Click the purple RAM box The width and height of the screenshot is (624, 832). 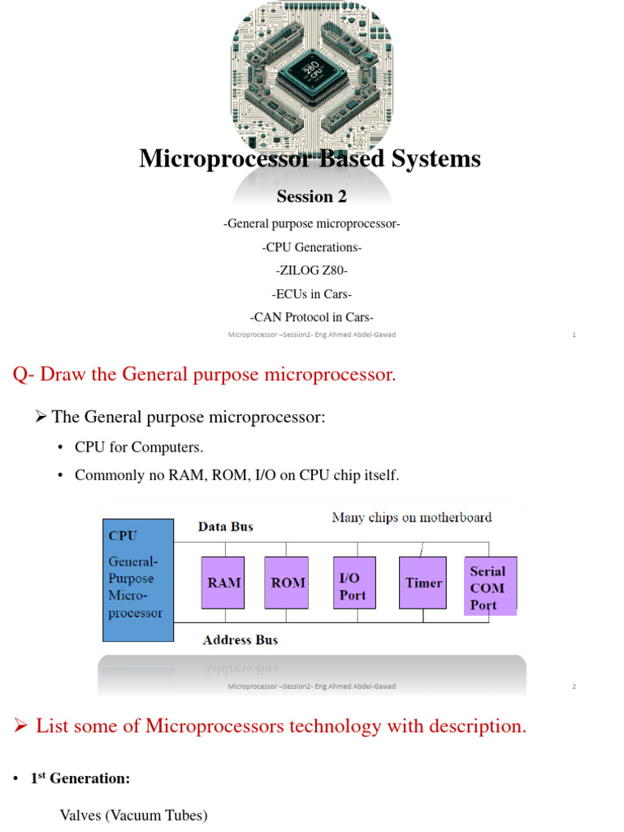(223, 583)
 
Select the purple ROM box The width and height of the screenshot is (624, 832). (288, 583)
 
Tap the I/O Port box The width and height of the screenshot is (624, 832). (355, 583)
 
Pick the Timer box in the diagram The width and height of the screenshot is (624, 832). (423, 583)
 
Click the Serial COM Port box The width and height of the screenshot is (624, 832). (490, 587)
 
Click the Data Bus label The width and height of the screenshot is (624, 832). (226, 526)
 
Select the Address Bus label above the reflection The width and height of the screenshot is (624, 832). (240, 639)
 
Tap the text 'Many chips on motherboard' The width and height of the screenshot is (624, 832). (412, 517)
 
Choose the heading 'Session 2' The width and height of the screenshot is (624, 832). (305, 197)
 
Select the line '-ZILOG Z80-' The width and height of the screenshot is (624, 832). (311, 271)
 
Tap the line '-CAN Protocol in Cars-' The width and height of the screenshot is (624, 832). (311, 318)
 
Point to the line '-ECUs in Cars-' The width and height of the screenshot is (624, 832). (311, 294)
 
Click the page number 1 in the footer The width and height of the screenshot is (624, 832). (574, 335)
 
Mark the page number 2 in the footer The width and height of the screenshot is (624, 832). (574, 687)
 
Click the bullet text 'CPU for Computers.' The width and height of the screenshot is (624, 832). (139, 447)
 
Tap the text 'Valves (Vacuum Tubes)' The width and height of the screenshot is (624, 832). (133, 815)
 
